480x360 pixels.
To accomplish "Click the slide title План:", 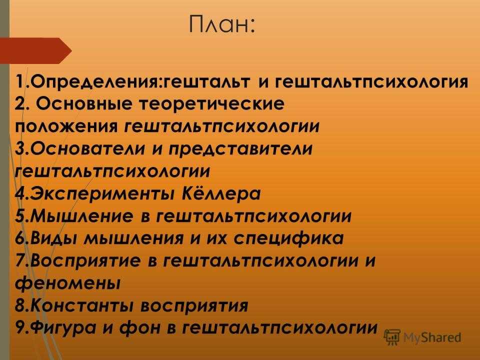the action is [x=221, y=24].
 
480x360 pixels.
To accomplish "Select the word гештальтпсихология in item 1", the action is [x=371, y=82].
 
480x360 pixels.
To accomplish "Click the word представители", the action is [x=240, y=149].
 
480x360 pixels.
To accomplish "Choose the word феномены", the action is [x=67, y=283].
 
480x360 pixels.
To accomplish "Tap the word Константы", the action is [x=81, y=305].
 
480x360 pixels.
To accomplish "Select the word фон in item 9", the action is [x=140, y=327].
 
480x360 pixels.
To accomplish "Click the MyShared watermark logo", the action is [x=422, y=337].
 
